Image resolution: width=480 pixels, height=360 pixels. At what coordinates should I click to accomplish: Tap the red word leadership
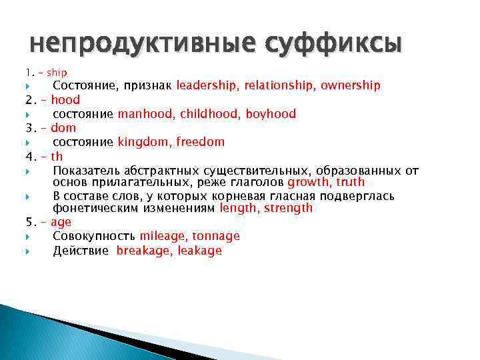(x=207, y=85)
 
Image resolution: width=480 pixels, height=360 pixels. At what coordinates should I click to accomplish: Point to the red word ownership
(x=351, y=85)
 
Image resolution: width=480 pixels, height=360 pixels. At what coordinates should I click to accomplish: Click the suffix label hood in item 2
(x=65, y=100)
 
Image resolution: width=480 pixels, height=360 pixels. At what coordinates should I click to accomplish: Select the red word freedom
(x=199, y=142)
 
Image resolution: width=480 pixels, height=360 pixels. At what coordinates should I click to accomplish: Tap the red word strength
(x=288, y=208)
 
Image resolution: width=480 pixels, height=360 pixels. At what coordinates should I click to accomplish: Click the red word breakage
(x=143, y=251)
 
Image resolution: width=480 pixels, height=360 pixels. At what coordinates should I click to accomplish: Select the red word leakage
(x=200, y=251)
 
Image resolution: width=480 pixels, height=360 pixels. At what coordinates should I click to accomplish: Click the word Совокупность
(x=94, y=236)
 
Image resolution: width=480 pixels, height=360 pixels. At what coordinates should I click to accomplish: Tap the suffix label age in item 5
(x=61, y=222)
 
